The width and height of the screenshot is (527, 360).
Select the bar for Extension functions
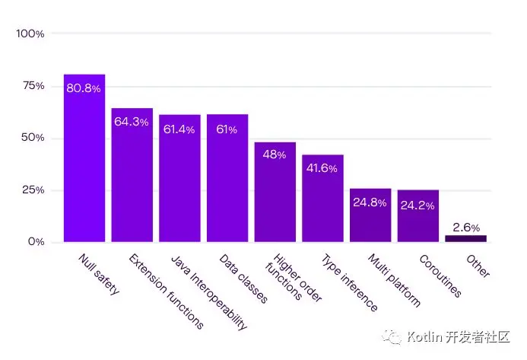pyautogui.click(x=132, y=175)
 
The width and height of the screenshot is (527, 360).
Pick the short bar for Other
pyautogui.click(x=465, y=238)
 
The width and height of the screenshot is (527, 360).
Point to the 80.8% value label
pyautogui.click(x=84, y=88)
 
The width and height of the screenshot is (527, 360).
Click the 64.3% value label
pyautogui.click(x=132, y=122)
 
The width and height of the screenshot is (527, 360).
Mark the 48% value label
pyautogui.click(x=275, y=155)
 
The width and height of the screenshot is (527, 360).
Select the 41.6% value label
pyautogui.click(x=322, y=168)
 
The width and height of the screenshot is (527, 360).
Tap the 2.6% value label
pyautogui.click(x=465, y=227)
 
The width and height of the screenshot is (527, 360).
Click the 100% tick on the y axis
pyautogui.click(x=30, y=34)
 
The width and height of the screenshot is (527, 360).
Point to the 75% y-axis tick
pyautogui.click(x=33, y=86)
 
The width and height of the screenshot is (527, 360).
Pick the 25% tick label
pyautogui.click(x=33, y=190)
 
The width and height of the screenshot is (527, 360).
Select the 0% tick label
pyautogui.click(x=36, y=241)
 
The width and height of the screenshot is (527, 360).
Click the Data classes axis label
pyautogui.click(x=243, y=279)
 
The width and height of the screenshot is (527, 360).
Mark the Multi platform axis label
pyautogui.click(x=394, y=281)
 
